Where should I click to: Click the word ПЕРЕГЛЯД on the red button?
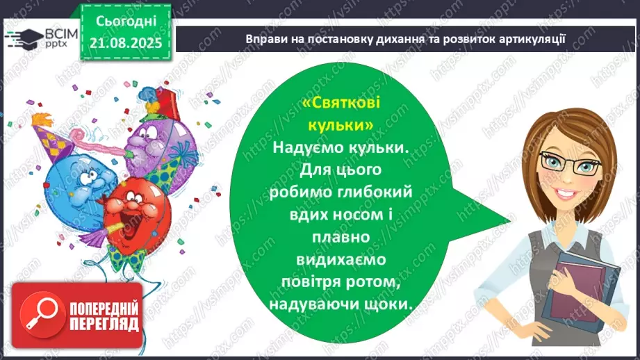(x=104, y=323)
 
